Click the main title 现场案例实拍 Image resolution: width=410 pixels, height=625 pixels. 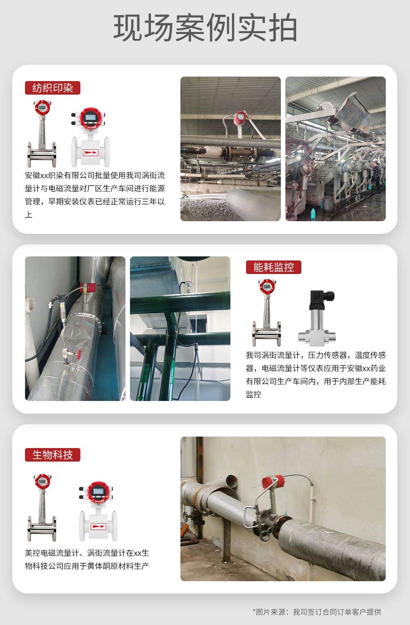(205, 27)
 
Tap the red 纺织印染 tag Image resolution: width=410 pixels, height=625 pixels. (52, 88)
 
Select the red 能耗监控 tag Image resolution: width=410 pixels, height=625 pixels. (273, 267)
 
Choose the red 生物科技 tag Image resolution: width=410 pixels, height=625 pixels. (52, 455)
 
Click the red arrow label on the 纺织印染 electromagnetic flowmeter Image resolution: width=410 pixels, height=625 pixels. (90, 153)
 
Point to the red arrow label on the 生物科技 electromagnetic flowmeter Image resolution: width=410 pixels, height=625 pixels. (98, 526)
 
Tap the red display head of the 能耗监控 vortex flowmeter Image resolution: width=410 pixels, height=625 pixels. (267, 287)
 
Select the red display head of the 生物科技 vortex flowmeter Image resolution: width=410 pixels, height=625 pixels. (43, 482)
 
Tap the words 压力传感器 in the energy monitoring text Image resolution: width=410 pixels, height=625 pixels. (327, 355)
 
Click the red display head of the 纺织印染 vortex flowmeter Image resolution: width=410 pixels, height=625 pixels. (43, 108)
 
